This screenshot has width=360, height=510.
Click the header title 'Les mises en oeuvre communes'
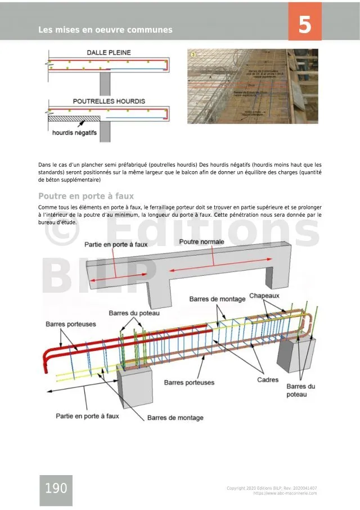[x=105, y=30]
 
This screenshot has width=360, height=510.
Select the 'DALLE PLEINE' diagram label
[x=109, y=52]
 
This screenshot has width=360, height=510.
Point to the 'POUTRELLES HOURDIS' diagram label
[x=109, y=101]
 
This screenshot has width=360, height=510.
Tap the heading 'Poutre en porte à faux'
[x=85, y=196]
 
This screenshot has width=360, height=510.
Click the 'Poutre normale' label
[x=201, y=242]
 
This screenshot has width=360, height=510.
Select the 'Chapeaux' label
[x=264, y=296]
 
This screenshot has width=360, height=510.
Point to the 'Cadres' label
[x=268, y=380]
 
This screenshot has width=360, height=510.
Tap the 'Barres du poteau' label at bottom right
[x=300, y=391]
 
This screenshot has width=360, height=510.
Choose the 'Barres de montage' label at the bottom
[x=175, y=418]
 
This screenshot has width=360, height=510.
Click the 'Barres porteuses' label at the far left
[x=70, y=324]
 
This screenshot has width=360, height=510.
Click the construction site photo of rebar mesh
[x=253, y=86]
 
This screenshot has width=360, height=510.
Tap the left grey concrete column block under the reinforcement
[x=135, y=388]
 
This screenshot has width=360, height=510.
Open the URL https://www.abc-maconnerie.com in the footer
[x=285, y=493]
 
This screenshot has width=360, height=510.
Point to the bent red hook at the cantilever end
[x=47, y=360]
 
